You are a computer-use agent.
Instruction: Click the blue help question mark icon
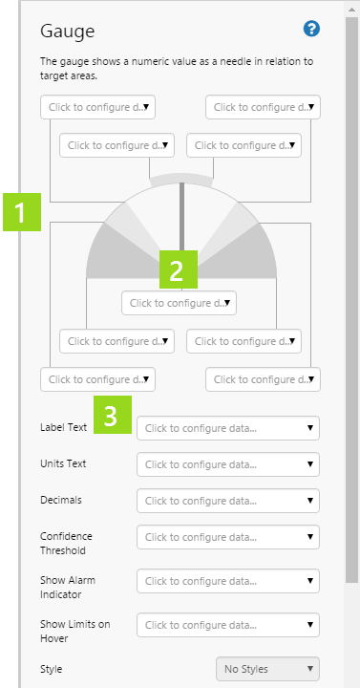[311, 29]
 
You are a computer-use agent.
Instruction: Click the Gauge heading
[67, 32]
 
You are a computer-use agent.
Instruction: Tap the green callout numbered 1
[22, 212]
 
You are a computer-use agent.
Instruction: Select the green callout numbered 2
[179, 269]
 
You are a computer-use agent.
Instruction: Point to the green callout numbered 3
[113, 415]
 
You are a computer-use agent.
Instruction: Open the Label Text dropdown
[228, 428]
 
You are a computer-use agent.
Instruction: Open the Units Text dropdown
[228, 464]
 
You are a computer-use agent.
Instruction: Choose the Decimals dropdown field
[228, 501]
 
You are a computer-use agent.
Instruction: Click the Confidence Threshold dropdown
[228, 537]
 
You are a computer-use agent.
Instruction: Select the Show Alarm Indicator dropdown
[228, 581]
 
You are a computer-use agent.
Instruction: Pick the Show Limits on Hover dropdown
[228, 625]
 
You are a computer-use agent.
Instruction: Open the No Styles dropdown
[268, 669]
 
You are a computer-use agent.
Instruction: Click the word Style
[52, 669]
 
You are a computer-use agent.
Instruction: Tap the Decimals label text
[61, 500]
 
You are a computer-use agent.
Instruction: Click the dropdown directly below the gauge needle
[179, 303]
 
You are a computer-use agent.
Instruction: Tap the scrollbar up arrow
[351, 10]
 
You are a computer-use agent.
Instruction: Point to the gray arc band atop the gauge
[181, 178]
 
